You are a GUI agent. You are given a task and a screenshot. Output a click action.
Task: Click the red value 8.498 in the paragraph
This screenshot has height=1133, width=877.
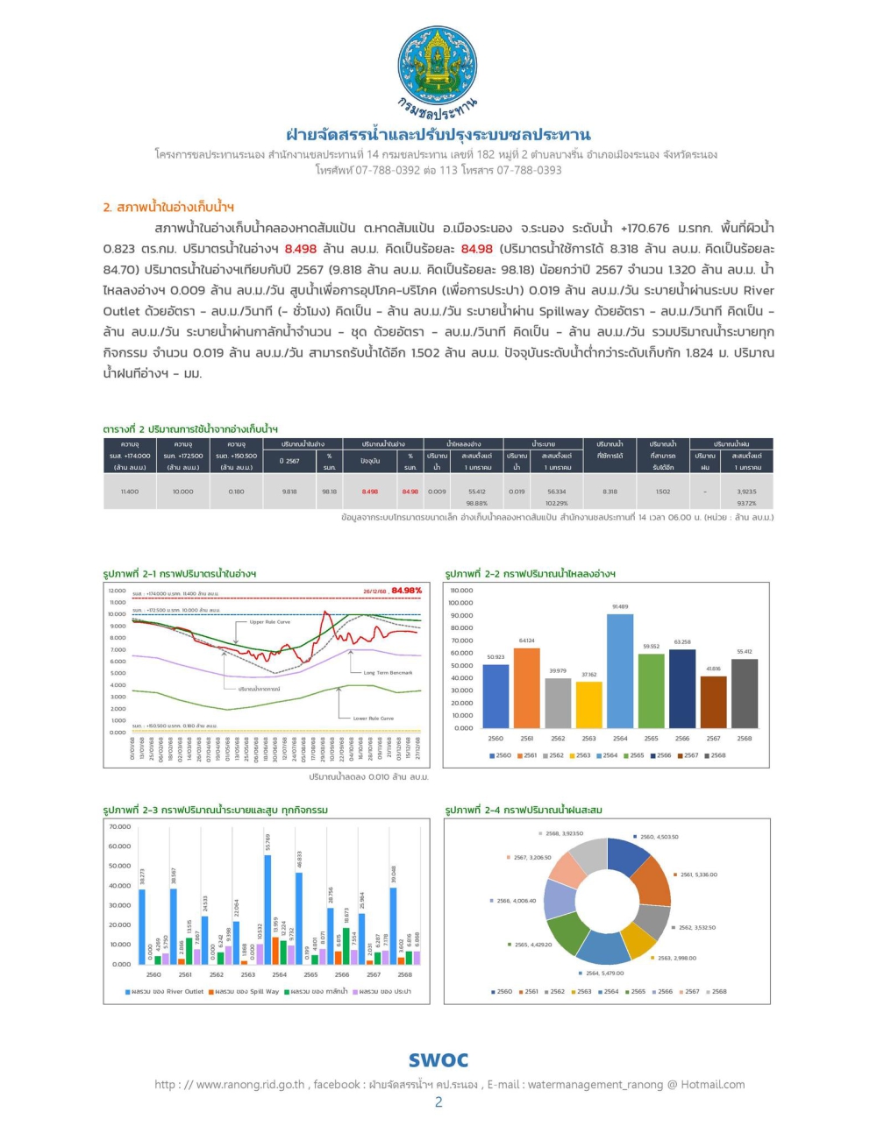coord(300,249)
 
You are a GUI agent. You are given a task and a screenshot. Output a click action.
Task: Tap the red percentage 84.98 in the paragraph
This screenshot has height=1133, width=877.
coord(476,249)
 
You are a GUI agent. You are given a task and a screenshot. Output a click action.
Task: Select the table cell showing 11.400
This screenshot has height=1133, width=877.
coord(129,492)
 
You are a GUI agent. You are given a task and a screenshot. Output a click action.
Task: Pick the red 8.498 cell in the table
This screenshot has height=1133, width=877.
coord(369,492)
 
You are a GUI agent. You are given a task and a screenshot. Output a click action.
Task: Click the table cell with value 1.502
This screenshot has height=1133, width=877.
coord(662,492)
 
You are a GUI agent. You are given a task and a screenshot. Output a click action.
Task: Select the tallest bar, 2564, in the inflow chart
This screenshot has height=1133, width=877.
coord(620,670)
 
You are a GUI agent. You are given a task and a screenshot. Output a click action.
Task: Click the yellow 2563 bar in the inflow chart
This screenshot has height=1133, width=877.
coord(588,705)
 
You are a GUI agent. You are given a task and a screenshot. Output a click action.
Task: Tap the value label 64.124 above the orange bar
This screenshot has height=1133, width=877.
coord(526,641)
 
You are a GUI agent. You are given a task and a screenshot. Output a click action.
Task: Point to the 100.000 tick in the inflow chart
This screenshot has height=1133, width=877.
coord(460,603)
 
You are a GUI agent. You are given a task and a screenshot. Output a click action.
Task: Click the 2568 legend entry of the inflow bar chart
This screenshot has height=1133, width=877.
coord(715,755)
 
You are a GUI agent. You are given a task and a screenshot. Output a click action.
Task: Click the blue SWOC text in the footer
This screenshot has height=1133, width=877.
coord(438,1060)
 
